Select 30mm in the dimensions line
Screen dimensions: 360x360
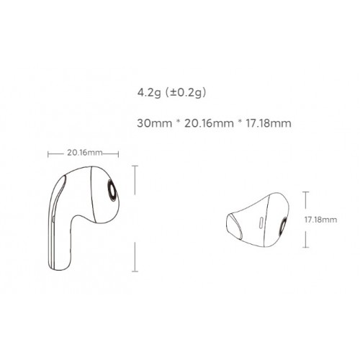(x=150, y=122)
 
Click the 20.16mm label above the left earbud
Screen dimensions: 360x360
(x=84, y=153)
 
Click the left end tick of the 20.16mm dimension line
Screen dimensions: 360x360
(x=48, y=153)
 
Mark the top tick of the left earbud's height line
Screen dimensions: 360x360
(x=138, y=165)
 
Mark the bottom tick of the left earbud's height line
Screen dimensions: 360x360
(x=138, y=266)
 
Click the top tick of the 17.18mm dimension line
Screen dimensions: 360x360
(x=306, y=191)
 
